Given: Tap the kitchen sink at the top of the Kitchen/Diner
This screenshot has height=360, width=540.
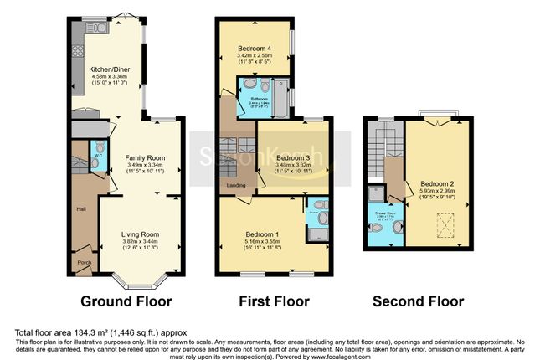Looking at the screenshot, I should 98,28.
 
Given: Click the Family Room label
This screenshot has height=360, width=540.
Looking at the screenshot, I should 145,157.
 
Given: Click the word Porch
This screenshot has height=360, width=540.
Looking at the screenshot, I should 85,262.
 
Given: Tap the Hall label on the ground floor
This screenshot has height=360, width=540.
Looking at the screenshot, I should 81,209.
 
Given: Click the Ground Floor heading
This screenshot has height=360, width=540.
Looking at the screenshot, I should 126,301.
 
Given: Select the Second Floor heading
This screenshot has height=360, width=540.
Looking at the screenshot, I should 417,301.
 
